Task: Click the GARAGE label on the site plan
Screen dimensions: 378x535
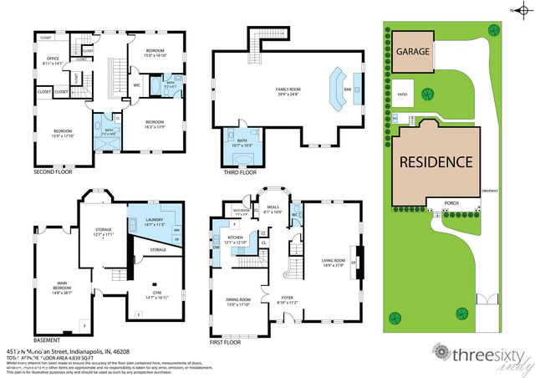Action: [413, 52]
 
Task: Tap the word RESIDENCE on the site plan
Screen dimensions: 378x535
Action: [435, 161]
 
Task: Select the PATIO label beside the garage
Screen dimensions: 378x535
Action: [402, 94]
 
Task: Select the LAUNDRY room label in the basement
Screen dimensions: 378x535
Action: [142, 220]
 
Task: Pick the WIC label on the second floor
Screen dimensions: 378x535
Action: [136, 84]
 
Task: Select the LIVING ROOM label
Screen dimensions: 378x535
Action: [333, 261]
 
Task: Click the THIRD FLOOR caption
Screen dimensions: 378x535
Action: [239, 174]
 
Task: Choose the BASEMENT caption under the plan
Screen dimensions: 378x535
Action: [48, 341]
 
